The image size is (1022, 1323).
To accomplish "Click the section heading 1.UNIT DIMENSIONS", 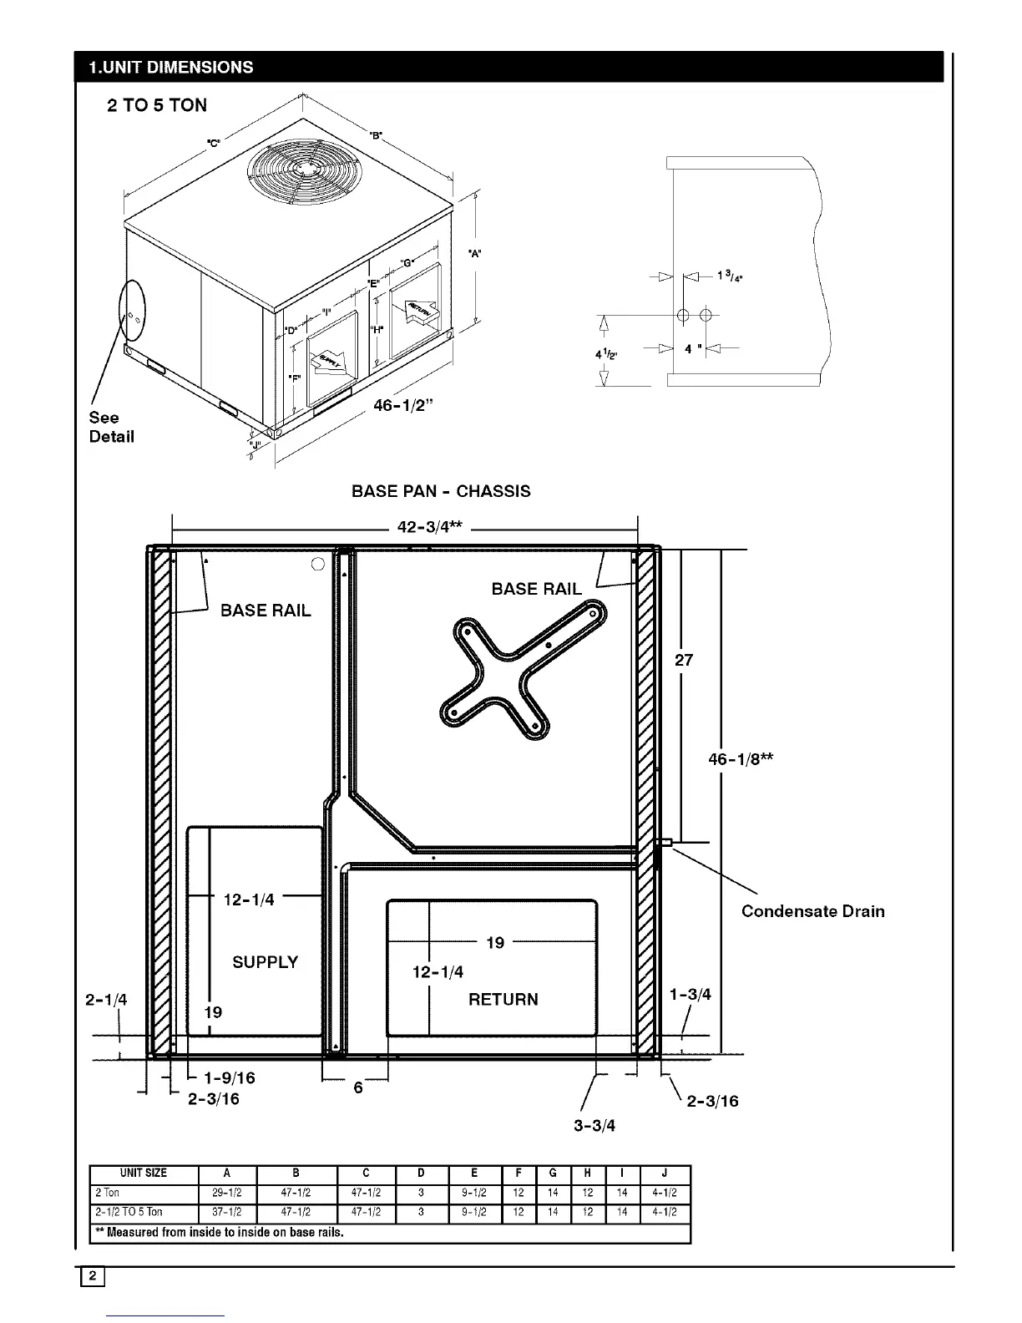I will (x=171, y=68).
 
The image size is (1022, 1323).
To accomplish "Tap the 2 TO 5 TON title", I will (x=157, y=105).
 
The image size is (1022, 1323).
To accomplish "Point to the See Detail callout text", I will (x=111, y=427).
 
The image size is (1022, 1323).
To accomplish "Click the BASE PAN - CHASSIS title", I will (x=441, y=491).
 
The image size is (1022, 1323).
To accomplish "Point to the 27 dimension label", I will (x=684, y=660).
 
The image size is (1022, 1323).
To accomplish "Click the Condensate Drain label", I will (x=812, y=911).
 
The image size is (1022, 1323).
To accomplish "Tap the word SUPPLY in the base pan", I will (x=265, y=962).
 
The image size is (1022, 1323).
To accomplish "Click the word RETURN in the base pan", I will (x=503, y=1000).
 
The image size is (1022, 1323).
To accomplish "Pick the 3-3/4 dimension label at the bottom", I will (x=594, y=1125).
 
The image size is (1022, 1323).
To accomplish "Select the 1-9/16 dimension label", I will (x=230, y=1077).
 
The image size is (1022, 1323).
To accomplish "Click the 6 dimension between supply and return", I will (x=358, y=1087).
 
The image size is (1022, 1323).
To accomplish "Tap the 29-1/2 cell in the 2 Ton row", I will (x=227, y=1193).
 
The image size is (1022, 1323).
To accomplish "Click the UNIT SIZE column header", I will (x=144, y=1173).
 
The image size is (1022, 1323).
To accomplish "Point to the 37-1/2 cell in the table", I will (x=227, y=1212).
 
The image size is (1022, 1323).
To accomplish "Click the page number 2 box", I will (x=93, y=1276).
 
